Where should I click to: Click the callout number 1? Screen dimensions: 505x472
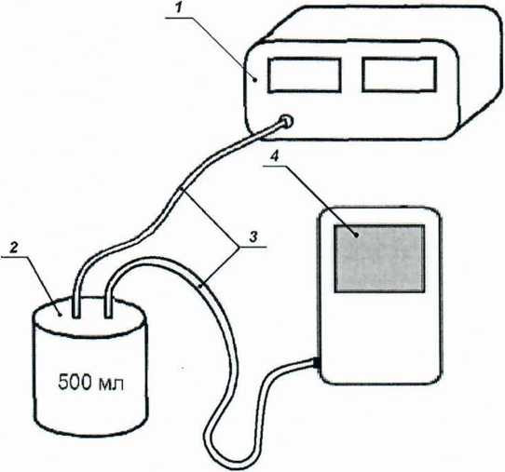[179, 8]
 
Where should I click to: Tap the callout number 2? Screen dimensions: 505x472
[14, 248]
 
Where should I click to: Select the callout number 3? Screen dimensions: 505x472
[253, 237]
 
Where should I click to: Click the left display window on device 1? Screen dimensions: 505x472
[305, 75]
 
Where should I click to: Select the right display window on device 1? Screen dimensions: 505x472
[400, 74]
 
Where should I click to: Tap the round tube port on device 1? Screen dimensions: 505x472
[286, 122]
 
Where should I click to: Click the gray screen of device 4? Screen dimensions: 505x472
[380, 259]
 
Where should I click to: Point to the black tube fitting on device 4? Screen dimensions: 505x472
[316, 362]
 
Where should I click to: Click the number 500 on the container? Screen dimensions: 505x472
[75, 383]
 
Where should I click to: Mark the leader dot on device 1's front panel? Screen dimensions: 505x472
[255, 79]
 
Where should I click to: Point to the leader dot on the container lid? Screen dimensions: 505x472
[61, 315]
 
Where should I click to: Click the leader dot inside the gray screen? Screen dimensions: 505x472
[357, 236]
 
